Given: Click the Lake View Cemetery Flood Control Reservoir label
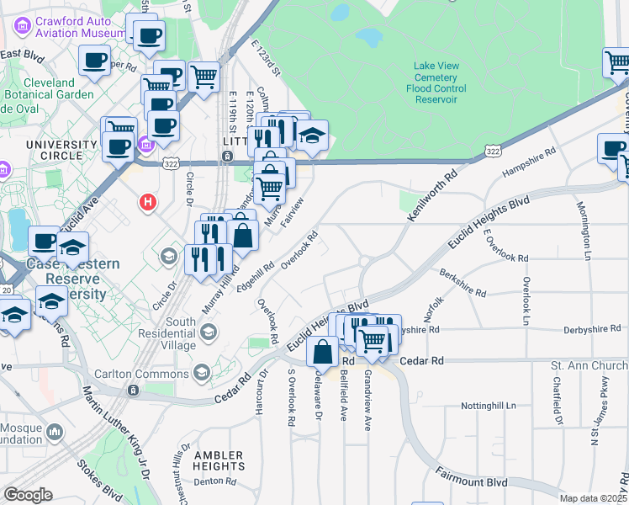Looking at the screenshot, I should (x=436, y=82).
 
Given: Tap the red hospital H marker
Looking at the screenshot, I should (x=149, y=203).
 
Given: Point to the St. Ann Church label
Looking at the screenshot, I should (x=589, y=366).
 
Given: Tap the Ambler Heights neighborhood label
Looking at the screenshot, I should (x=219, y=460).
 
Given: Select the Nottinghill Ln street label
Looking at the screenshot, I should (x=488, y=406).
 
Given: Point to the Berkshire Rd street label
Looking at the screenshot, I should (x=462, y=282).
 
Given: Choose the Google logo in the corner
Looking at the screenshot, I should (x=28, y=495).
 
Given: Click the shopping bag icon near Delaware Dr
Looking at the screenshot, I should (x=323, y=352).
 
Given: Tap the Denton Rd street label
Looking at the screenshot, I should (x=214, y=481).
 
